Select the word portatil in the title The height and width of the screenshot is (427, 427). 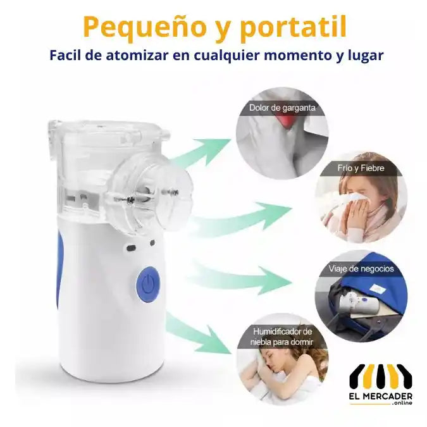click(x=293, y=27)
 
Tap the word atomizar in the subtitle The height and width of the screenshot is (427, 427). click(x=137, y=55)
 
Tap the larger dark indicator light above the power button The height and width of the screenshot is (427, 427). click(x=131, y=248)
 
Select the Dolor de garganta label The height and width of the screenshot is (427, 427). click(x=282, y=108)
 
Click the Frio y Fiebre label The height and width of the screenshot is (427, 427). click(x=361, y=168)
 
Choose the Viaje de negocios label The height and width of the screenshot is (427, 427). click(x=361, y=269)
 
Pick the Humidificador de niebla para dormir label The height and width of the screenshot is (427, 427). click(x=282, y=337)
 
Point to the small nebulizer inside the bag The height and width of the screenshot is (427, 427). click(x=355, y=302)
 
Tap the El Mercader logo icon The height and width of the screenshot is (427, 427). click(x=381, y=377)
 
